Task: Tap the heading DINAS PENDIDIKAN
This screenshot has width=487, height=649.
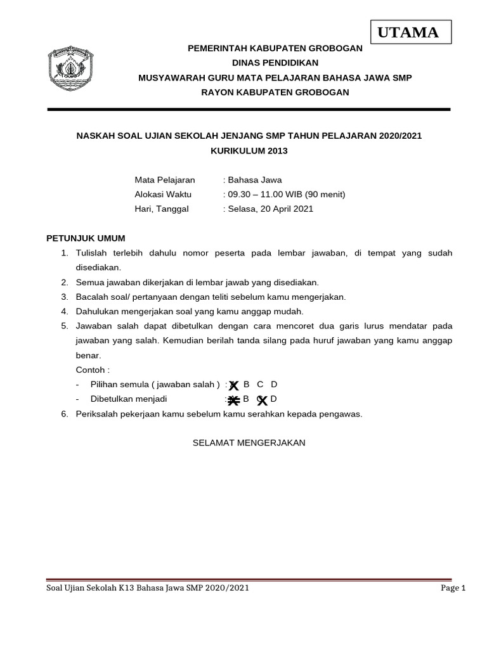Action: (275, 63)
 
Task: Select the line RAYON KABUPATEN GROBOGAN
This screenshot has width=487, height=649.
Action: (275, 92)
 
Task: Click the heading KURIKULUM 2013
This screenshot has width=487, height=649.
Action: (249, 151)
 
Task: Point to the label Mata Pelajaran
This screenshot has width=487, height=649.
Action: (165, 179)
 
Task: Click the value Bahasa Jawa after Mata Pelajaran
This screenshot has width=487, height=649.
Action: (254, 179)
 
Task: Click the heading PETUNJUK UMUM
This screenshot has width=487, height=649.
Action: (86, 238)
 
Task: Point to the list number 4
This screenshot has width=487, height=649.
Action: (64, 311)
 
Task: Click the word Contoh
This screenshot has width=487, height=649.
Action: (91, 369)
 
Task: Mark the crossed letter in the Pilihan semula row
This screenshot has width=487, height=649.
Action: (233, 385)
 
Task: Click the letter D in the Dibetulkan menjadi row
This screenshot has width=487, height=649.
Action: (274, 399)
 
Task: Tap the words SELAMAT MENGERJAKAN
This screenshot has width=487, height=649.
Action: (249, 442)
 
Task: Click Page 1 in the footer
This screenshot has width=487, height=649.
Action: (453, 588)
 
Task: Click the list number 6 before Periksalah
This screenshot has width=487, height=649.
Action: (64, 414)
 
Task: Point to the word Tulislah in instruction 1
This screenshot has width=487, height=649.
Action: (93, 253)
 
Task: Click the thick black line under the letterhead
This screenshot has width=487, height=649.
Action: (249, 110)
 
